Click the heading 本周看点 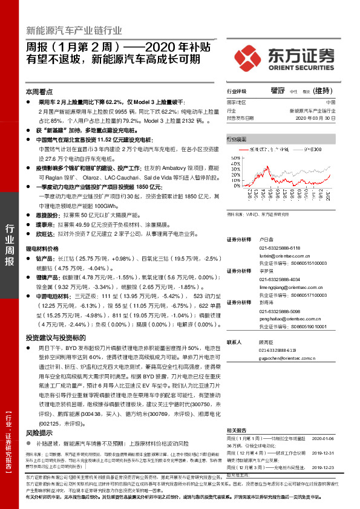[x=40, y=91]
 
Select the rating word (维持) [x=323, y=91]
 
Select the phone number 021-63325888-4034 [x=267, y=279]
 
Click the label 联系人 [x=234, y=343]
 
